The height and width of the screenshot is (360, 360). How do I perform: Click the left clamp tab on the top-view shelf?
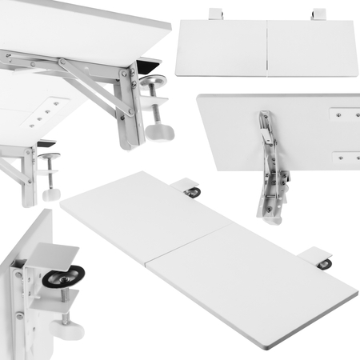click(x=215, y=14)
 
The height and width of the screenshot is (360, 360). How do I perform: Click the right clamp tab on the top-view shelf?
click(x=318, y=14)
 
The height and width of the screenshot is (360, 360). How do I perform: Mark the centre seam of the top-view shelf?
click(x=266, y=48)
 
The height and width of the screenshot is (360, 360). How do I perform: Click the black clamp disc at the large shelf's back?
click(x=192, y=192)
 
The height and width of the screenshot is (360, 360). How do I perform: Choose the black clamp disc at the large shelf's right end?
click(x=323, y=264)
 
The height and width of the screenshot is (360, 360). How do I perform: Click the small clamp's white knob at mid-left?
click(x=52, y=194)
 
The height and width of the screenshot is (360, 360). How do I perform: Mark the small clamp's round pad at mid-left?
click(x=50, y=157)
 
